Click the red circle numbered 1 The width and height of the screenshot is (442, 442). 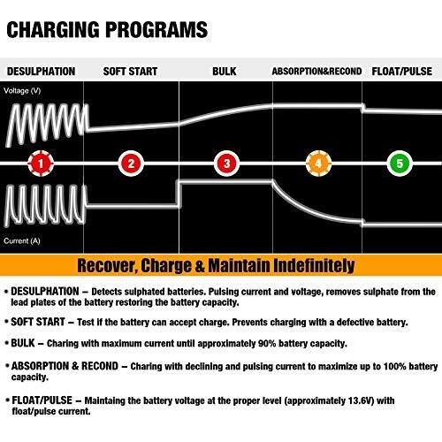pos(41,164)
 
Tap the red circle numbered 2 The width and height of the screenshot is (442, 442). pos(131,164)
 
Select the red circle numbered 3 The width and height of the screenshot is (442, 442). pos(226,164)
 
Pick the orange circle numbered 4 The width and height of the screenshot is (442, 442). pos(318,164)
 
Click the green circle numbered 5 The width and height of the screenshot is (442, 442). pos(400,164)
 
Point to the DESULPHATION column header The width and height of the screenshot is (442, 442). pos(42,72)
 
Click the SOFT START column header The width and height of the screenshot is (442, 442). pos(130,72)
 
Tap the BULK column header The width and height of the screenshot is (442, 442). pos(225,72)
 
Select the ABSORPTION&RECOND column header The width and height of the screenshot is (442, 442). pos(316,72)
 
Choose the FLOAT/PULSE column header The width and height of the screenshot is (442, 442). pos(402,72)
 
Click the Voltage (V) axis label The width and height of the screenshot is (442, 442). pos(22,91)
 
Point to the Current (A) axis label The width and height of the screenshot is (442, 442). pos(22,241)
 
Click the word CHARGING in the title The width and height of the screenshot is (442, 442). pos(53,30)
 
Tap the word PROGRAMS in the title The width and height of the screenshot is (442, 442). pos(156,30)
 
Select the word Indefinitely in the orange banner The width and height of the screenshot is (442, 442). pos(314,266)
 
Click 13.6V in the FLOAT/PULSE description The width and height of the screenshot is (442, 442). pos(362,400)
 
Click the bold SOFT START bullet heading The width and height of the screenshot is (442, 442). pos(38,322)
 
